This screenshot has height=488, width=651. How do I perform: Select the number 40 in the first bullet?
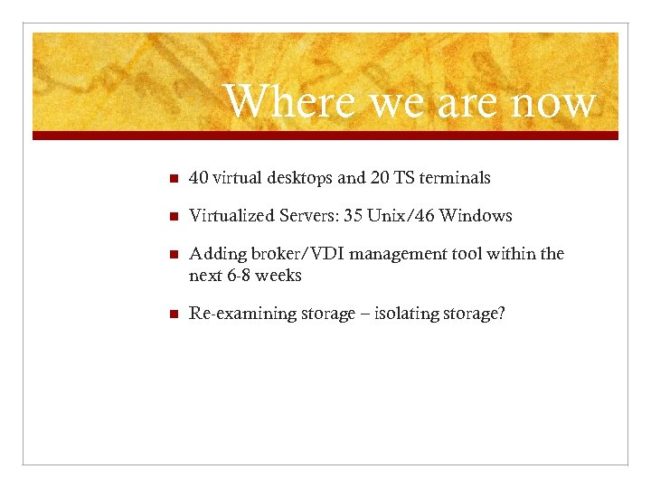[199, 178]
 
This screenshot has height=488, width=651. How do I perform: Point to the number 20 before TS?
[380, 178]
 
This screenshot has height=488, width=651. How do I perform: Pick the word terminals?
[455, 178]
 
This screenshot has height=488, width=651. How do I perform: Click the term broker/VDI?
[285, 255]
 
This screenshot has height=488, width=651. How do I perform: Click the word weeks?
[278, 275]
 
